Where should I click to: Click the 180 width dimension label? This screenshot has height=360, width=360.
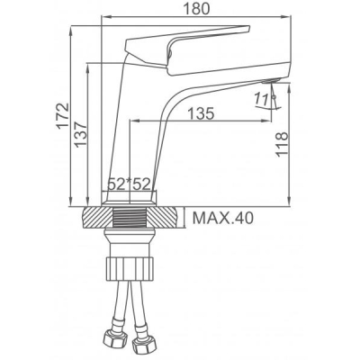pos(196,8)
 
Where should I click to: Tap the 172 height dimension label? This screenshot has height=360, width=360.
pos(63,116)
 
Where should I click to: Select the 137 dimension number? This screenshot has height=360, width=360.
pos(81,134)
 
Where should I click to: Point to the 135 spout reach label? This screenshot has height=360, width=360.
pos(201,113)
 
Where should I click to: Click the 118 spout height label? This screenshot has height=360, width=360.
pos(282,144)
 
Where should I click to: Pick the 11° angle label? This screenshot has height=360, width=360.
pos(261,99)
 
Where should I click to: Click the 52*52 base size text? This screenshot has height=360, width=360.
pos(129,184)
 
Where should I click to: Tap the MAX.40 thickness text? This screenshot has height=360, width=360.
pos(223,218)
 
